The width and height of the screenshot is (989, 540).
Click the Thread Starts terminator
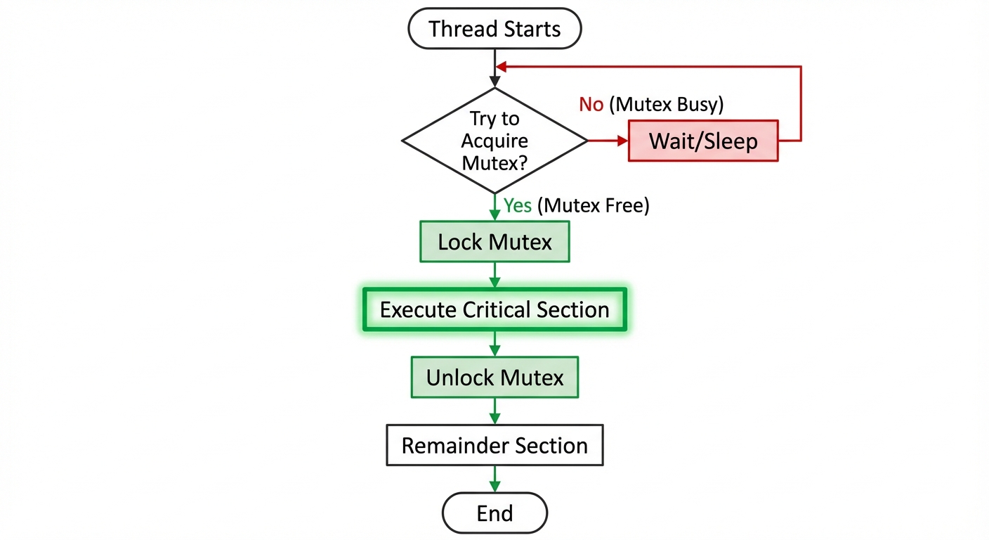[494, 30]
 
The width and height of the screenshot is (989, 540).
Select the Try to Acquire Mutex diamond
[494, 141]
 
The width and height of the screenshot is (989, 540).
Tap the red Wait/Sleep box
[703, 141]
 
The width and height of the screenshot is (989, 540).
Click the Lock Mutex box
[494, 243]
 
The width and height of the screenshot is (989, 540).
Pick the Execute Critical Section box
[494, 309]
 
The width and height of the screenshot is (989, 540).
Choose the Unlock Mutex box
[494, 378]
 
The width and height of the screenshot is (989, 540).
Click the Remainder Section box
[494, 445]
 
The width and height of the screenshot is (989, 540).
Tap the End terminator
[494, 513]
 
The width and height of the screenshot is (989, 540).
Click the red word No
[591, 105]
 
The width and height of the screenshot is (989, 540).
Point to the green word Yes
[518, 206]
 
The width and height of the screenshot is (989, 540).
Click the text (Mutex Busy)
[666, 105]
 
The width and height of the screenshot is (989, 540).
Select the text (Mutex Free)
[593, 206]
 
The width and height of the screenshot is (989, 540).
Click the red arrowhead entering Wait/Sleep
[622, 141]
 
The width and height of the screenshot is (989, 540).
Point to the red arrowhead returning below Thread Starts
[500, 67]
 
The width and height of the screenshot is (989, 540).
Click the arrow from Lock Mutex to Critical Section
[494, 275]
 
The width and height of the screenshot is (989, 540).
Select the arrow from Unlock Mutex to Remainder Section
[494, 411]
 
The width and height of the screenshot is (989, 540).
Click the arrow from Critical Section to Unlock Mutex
[494, 344]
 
